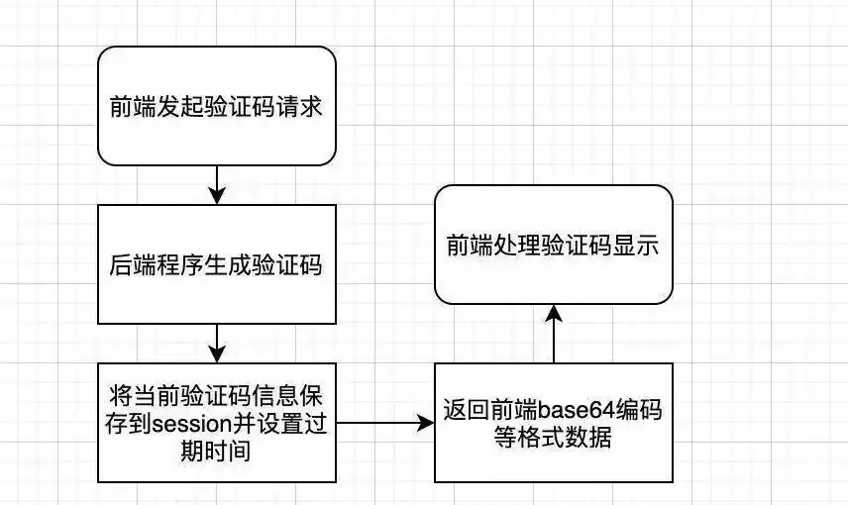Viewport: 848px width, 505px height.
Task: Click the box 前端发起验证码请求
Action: [216, 105]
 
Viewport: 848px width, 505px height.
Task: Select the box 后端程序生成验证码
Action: [216, 264]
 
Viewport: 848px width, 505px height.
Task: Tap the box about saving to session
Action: [216, 423]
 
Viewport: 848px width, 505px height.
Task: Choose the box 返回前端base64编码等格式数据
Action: [554, 423]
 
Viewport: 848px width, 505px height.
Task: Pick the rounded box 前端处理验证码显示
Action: [554, 245]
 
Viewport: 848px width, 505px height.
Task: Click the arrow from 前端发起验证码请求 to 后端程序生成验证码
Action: [216, 184]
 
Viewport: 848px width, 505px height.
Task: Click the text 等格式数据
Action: [553, 437]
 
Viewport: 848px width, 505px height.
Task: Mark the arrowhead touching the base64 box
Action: [427, 423]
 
